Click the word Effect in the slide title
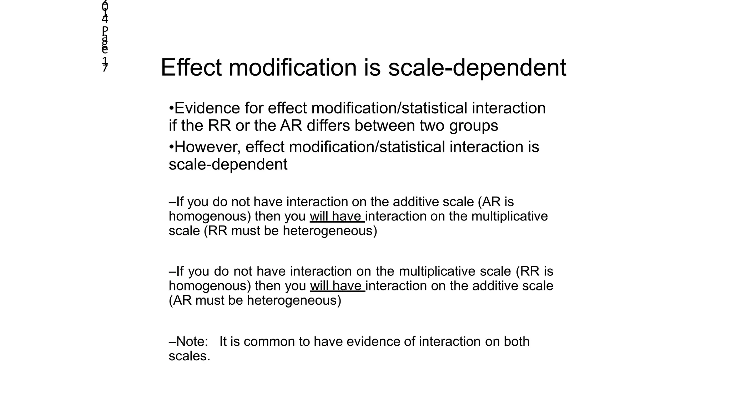pyautogui.click(x=191, y=67)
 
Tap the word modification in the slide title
pyautogui.click(x=293, y=67)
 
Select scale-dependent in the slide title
pyautogui.click(x=477, y=67)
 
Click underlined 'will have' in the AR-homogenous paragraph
pyautogui.click(x=337, y=217)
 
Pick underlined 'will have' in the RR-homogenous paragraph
pyautogui.click(x=337, y=286)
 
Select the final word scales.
pyautogui.click(x=190, y=356)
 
